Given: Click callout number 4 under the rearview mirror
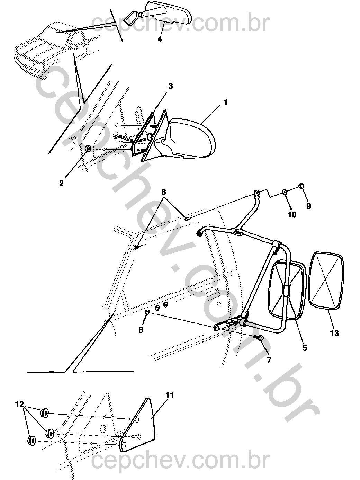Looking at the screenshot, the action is [x=160, y=39].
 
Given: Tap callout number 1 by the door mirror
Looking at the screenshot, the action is [x=225, y=103].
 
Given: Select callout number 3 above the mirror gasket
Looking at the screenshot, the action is [x=171, y=86].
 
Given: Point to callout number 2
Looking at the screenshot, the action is [x=61, y=183].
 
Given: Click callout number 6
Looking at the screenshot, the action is [x=163, y=192].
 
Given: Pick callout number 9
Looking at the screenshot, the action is [x=308, y=206].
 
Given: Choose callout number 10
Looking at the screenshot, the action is [x=292, y=214].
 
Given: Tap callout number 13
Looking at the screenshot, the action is [x=334, y=333].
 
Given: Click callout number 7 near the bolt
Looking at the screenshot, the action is [x=269, y=360].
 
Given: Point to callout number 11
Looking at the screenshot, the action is [x=170, y=395].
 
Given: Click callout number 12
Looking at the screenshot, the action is [x=19, y=405].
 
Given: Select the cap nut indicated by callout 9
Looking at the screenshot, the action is [x=301, y=186].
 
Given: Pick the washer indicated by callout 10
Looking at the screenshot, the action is [x=285, y=192].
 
